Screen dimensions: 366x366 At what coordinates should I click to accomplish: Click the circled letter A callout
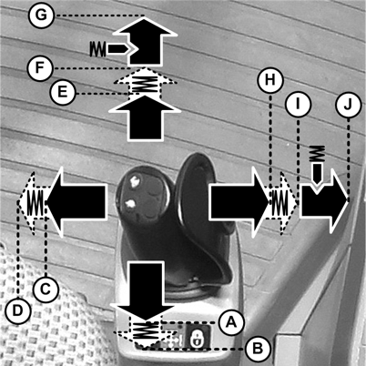[x=231, y=322]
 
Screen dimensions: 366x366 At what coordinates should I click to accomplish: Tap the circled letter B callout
[x=258, y=349]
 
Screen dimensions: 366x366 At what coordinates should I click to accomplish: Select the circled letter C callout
[x=46, y=290]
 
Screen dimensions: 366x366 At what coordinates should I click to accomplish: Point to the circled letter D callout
[x=18, y=310]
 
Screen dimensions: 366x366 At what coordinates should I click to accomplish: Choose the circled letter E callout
[x=63, y=92]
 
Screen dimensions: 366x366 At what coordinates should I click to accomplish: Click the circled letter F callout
[x=40, y=68]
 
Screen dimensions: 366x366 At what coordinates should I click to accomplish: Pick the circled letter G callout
[x=41, y=15]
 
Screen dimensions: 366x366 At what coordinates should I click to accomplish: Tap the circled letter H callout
[x=270, y=80]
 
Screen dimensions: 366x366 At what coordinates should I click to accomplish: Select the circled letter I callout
[x=299, y=105]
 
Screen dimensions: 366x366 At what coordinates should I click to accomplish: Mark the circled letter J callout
[x=349, y=105]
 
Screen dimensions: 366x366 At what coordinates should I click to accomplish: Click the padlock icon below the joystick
[x=197, y=338]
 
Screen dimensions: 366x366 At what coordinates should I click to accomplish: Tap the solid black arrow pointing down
[x=146, y=290]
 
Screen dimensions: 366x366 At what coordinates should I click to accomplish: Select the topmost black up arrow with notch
[x=145, y=41]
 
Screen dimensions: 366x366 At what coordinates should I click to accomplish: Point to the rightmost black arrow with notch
[x=323, y=201]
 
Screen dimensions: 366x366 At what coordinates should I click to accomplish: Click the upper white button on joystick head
[x=135, y=181]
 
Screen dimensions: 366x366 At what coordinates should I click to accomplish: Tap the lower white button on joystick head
[x=130, y=203]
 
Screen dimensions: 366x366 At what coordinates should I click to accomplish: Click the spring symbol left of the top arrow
[x=97, y=48]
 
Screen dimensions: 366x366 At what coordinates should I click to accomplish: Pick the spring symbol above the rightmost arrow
[x=317, y=154]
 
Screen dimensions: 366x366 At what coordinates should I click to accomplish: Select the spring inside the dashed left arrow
[x=36, y=202]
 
